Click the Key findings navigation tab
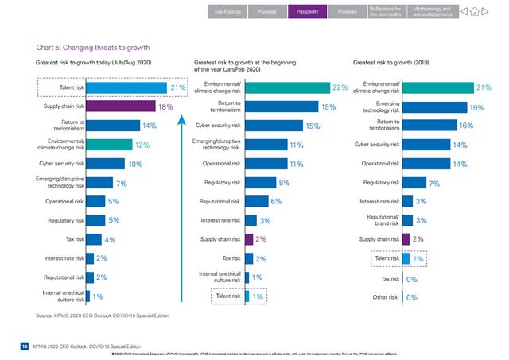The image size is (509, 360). [x=226, y=12]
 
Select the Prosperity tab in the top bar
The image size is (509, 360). [x=307, y=12]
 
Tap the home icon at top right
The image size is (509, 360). [x=486, y=12]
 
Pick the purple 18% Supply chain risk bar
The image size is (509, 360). [x=120, y=106]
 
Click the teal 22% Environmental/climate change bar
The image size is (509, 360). [x=286, y=87]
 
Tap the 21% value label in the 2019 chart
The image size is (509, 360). [x=483, y=87]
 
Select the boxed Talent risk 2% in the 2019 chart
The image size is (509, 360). [x=397, y=258]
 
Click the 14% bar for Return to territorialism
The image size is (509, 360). [x=111, y=125]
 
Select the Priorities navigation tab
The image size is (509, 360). [x=347, y=12]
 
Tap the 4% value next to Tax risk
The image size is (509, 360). [x=110, y=239]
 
